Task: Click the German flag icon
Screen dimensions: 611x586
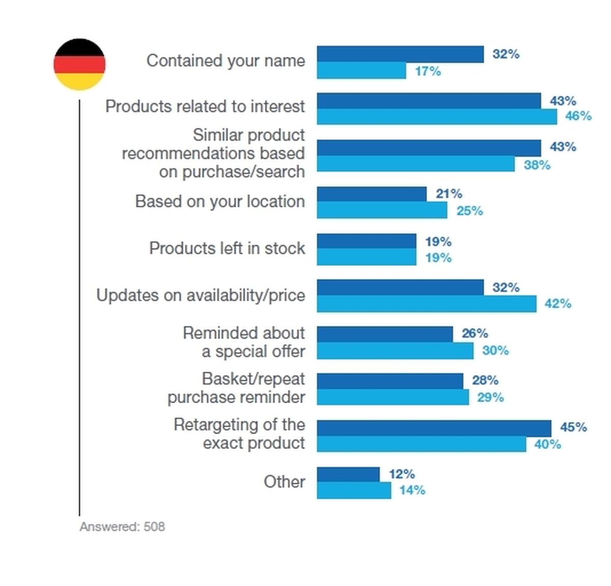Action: coord(79,64)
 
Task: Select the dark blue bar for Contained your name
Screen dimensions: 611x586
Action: coord(400,54)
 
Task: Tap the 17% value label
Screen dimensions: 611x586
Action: coord(428,71)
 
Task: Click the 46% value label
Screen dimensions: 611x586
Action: coord(578,116)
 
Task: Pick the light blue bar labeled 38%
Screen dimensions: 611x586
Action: coord(415,163)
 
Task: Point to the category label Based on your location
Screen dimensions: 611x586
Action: coord(220,201)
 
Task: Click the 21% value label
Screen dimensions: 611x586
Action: coord(449,193)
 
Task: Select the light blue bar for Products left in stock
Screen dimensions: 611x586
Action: coord(367,257)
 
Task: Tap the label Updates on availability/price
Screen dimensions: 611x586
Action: coord(201,295)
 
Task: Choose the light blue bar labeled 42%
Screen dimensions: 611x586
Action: coord(426,304)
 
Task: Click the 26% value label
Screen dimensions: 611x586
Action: coord(475,333)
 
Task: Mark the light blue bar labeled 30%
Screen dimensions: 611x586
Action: coord(395,351)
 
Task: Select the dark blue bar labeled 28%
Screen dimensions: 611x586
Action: coord(390,381)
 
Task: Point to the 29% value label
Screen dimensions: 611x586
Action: coord(490,397)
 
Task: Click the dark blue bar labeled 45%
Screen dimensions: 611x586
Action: coord(434,428)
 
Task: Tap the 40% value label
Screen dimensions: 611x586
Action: coord(547,444)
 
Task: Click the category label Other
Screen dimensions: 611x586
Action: coord(285,482)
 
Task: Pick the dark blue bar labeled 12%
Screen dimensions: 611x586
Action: coord(348,475)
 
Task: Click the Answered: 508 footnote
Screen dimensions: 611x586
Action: coord(122,526)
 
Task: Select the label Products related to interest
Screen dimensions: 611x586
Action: coord(205,106)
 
